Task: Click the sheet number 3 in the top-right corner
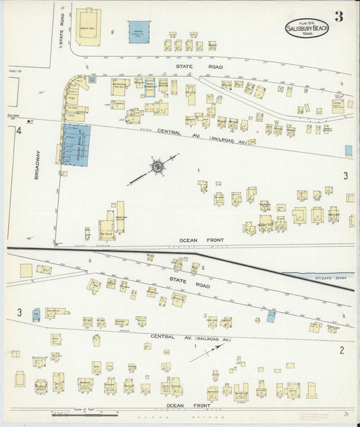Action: click(338, 17)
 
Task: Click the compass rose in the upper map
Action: click(157, 166)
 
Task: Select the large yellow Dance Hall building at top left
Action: click(88, 26)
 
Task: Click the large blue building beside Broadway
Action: click(76, 144)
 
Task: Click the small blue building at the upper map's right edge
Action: click(348, 150)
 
